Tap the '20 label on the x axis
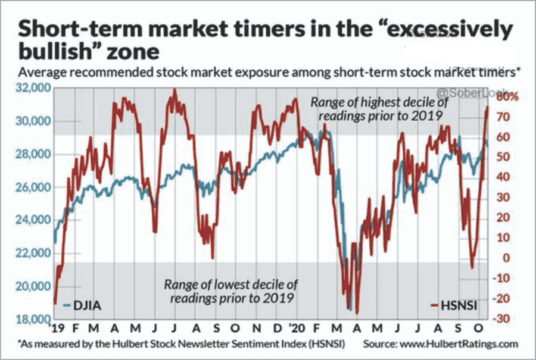296,328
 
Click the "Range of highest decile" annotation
379,109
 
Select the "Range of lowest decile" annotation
231,290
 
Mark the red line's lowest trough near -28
357,313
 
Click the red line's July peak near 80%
174,90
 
